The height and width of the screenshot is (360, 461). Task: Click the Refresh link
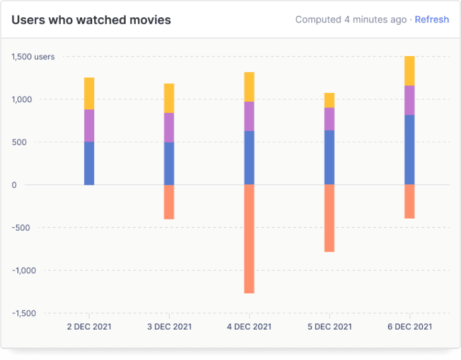click(x=432, y=20)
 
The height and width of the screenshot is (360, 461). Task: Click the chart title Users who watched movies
click(x=91, y=20)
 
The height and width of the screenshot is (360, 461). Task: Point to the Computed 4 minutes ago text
click(x=350, y=20)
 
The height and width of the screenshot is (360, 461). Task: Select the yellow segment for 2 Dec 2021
click(x=89, y=94)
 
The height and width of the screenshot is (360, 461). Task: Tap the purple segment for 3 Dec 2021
click(x=169, y=127)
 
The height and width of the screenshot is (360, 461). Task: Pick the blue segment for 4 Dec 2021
click(x=249, y=158)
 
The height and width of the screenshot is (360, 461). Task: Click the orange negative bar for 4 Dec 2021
click(x=249, y=239)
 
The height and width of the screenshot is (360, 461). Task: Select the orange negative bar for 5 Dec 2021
click(x=330, y=218)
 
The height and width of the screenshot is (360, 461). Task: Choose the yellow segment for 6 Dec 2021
click(x=409, y=71)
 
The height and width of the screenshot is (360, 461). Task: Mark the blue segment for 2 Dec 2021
click(x=89, y=163)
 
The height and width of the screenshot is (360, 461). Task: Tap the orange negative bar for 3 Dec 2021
click(x=169, y=202)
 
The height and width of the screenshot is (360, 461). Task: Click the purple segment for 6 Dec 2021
click(x=409, y=100)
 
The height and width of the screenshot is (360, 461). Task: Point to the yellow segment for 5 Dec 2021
click(x=330, y=100)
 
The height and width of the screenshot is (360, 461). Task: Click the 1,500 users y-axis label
click(x=32, y=57)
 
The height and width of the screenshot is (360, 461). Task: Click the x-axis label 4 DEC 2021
click(x=249, y=326)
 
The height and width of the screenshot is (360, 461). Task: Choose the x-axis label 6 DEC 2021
click(x=410, y=326)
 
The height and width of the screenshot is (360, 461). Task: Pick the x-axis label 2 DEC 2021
click(x=89, y=326)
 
